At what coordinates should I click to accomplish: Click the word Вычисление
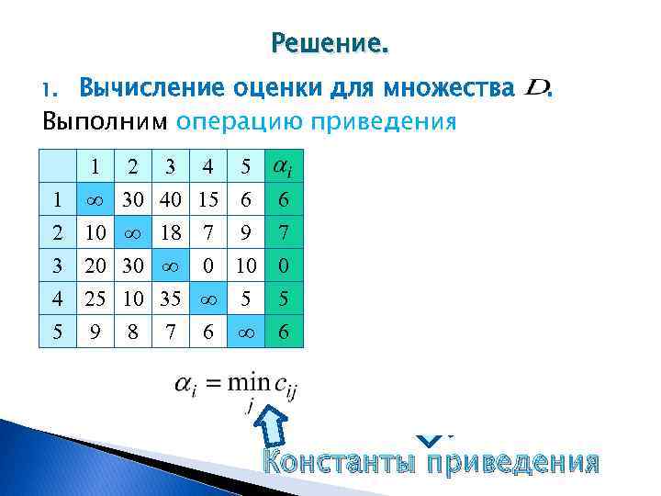click(x=150, y=89)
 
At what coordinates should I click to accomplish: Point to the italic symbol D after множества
click(x=535, y=88)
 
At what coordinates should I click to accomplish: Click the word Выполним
click(x=106, y=121)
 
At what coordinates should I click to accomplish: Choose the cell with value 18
click(x=170, y=233)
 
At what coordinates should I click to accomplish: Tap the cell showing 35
click(x=170, y=299)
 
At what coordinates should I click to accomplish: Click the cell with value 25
click(x=95, y=299)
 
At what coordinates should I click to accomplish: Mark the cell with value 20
click(x=95, y=266)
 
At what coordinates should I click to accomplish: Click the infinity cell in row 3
click(x=170, y=266)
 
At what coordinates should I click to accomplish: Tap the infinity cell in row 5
click(x=245, y=333)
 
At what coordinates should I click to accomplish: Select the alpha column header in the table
click(x=283, y=167)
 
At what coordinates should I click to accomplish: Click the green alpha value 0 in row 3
click(x=284, y=266)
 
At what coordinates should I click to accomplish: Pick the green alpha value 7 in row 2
click(x=284, y=233)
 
